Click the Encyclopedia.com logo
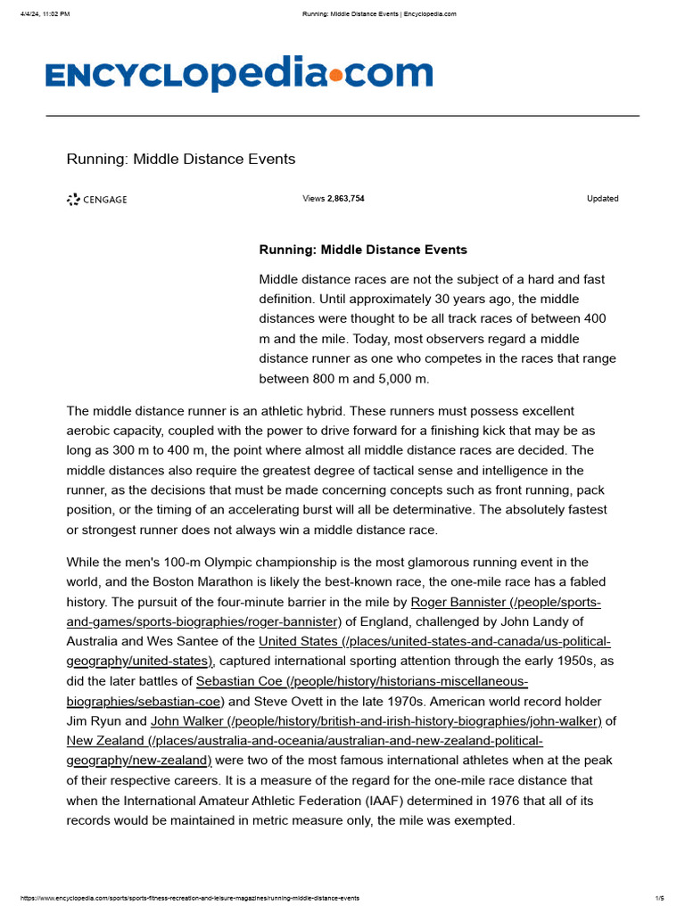[x=239, y=75]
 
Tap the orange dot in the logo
[x=335, y=77]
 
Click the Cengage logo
[x=97, y=200]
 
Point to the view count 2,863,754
[x=345, y=199]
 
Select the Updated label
[x=602, y=199]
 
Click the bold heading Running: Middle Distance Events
[x=363, y=250]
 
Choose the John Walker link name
[x=187, y=720]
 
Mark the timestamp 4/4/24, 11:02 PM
[x=45, y=13]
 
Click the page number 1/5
[x=659, y=898]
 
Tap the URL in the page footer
[x=189, y=898]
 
